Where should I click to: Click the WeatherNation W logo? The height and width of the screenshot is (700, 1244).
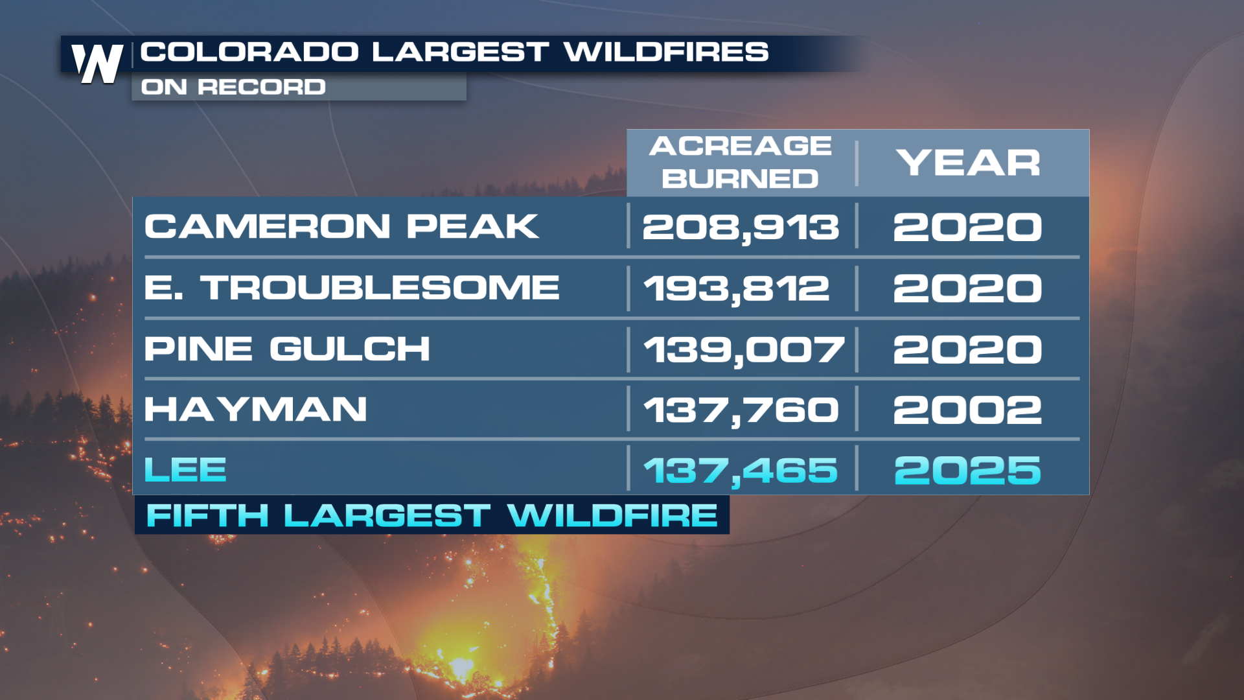point(97,64)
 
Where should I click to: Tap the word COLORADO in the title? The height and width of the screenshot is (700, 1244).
point(249,52)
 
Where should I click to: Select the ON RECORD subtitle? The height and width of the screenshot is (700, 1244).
point(233,87)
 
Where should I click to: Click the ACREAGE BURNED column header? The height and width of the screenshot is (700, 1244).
point(741,162)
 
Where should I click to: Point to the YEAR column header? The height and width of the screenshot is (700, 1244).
point(969,162)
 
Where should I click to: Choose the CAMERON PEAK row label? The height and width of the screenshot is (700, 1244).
point(341,226)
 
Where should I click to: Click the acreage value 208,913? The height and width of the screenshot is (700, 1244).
point(741,227)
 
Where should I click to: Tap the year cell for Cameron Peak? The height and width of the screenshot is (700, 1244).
point(967,227)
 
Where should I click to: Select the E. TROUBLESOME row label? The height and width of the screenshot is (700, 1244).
point(352,287)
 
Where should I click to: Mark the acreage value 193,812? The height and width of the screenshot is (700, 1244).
point(737,288)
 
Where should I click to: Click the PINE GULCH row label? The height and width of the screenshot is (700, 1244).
point(287,349)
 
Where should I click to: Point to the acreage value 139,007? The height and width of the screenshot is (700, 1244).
point(744,350)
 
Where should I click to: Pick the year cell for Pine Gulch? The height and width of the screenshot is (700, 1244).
point(967,349)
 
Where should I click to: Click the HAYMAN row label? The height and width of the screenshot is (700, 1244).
point(256,410)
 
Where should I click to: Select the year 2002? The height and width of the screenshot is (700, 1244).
point(967,410)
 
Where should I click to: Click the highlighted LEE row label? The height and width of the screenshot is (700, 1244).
point(185,469)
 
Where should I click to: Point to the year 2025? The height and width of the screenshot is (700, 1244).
point(967,470)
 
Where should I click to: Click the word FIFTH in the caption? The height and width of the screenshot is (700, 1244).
point(207,516)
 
